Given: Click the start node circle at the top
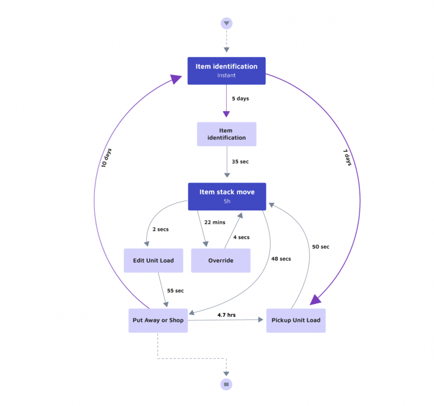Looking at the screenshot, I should coord(226,23).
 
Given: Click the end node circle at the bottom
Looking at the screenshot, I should coord(226,384).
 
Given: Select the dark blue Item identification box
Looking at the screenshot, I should coord(226,70).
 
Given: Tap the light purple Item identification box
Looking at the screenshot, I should coord(226,134).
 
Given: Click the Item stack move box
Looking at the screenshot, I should coord(227,196).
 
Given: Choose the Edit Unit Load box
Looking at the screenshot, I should coord(154,260).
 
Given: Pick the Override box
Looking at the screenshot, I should coord(221,260).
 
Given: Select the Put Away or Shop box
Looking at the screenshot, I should coord(158,320).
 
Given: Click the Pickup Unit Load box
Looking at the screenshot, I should coord(296,320).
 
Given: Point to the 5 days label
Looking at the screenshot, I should coord(240,99).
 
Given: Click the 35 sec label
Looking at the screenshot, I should coord(240,162).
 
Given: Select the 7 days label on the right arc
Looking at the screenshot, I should coord(347,157).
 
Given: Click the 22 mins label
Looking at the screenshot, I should coord(214,222).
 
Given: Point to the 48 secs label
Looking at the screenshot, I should coord(280,259).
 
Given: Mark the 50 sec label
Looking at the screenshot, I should coord(320,247).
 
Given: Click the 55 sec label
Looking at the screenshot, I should coord(175,291).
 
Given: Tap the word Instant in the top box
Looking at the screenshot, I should coord(226,75).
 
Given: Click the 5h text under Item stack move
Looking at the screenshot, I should coord(227,201).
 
